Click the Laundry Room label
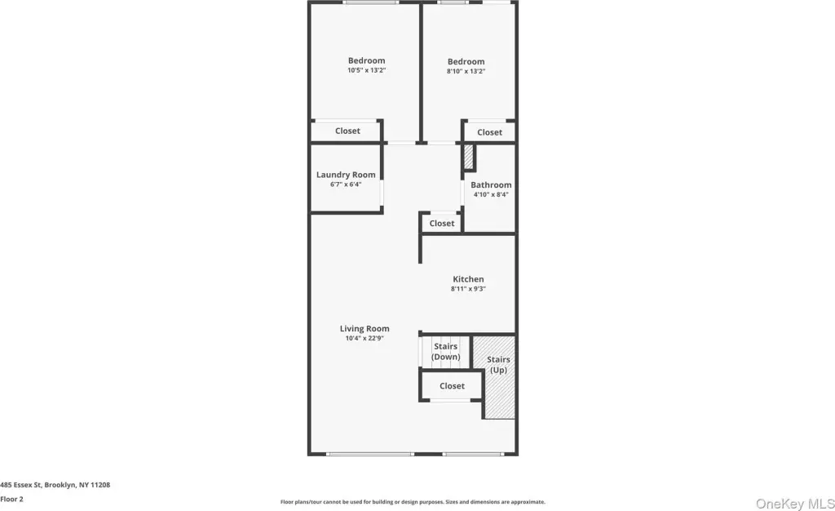[x=346, y=175]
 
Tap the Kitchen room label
[x=468, y=279]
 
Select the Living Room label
[x=364, y=329]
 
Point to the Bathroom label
[x=491, y=185]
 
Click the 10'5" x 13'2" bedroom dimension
[x=366, y=70]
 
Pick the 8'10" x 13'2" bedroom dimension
[x=466, y=71]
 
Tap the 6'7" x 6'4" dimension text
[x=346, y=184]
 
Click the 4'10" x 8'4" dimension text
[x=491, y=194]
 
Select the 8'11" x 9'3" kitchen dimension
[x=468, y=289]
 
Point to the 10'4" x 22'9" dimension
[x=364, y=339]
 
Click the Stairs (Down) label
[x=446, y=352]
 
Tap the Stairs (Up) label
[x=498, y=365]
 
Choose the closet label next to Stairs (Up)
[x=452, y=386]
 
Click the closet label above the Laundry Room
[x=347, y=131]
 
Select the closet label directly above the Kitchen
[x=442, y=224]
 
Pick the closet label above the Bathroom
[x=489, y=133]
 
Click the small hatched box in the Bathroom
[x=468, y=157]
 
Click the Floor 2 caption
[x=11, y=500]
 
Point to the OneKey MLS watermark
[x=795, y=504]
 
